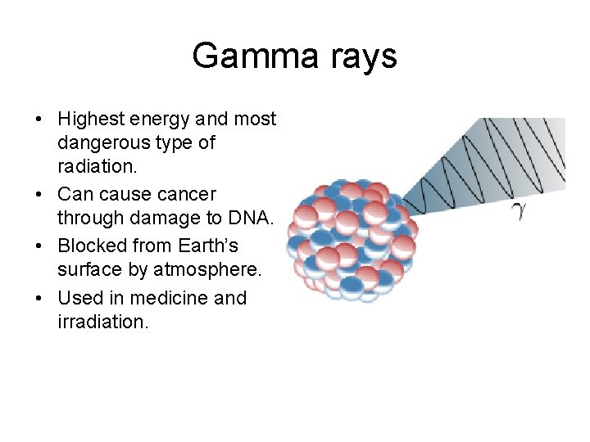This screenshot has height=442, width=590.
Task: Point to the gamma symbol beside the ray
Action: click(x=518, y=213)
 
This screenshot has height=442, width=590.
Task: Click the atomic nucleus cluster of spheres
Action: click(x=349, y=237)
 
